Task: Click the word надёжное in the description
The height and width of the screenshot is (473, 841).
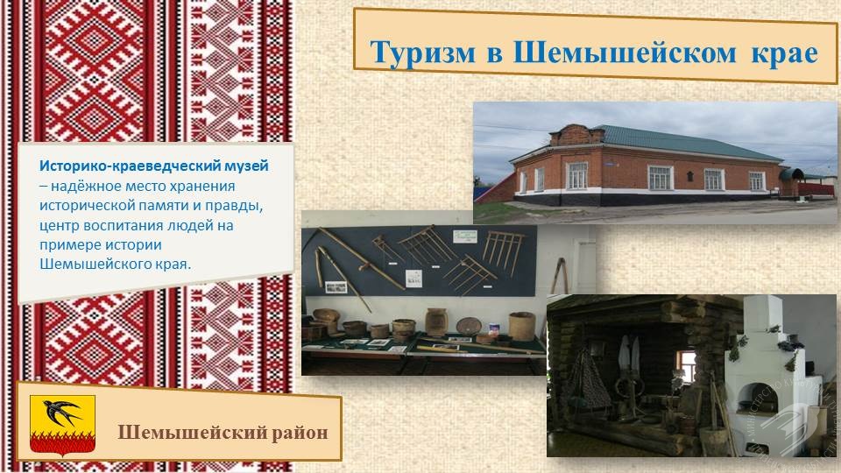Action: click(x=85, y=186)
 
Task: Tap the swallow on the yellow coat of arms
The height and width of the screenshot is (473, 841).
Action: click(x=61, y=413)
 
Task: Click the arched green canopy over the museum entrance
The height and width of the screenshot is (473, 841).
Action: click(x=792, y=173)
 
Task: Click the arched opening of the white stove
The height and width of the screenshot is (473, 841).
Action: click(x=753, y=396)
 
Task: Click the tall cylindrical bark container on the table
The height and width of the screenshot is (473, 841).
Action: click(x=521, y=326)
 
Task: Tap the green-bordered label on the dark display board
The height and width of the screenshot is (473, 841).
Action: click(x=464, y=236)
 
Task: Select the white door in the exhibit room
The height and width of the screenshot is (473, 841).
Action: click(x=584, y=266)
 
